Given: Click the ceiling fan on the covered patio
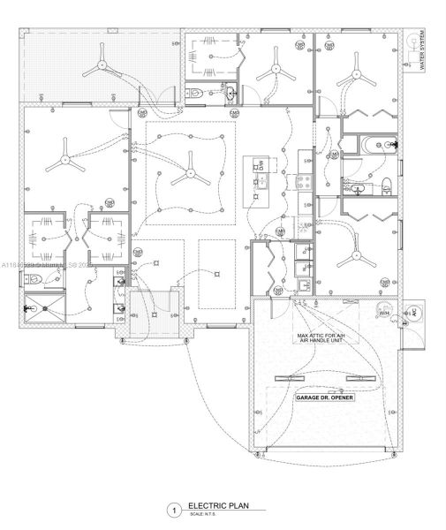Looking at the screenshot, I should (102, 64).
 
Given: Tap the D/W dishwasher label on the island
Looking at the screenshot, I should (261, 166).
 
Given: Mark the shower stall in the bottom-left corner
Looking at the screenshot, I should (41, 308).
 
